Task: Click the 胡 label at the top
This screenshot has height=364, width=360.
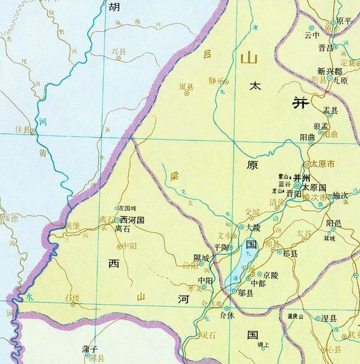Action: coord(114,7)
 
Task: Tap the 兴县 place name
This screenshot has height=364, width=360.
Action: coord(118,52)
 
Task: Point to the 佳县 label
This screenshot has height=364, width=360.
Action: coord(22,130)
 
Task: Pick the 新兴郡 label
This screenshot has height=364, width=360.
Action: coord(329,71)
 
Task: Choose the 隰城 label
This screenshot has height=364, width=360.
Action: coord(201,257)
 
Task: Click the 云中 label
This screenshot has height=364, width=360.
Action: coord(312,35)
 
